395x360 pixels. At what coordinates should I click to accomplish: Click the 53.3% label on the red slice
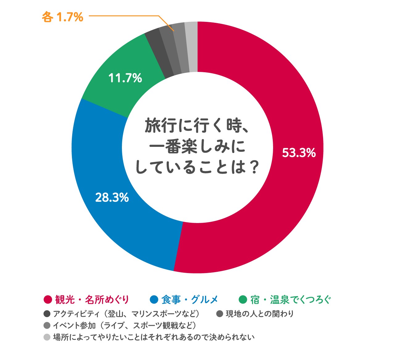click(x=299, y=153)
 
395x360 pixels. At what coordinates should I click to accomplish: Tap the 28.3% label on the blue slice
click(x=112, y=197)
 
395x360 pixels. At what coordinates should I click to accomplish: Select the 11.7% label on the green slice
click(x=125, y=78)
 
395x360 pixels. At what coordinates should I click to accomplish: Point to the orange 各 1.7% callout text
click(x=63, y=17)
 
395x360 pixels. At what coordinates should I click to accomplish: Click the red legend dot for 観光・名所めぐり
click(x=48, y=300)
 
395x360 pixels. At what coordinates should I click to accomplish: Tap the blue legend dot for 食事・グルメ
click(x=154, y=300)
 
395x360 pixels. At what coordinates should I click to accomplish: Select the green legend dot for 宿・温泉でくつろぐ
click(x=243, y=300)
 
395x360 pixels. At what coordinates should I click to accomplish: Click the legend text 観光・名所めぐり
click(x=92, y=300)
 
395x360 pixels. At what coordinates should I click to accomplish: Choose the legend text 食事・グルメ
click(x=189, y=300)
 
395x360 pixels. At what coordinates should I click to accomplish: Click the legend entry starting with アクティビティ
click(x=126, y=314)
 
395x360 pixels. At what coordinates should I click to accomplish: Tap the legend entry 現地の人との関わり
click(x=259, y=314)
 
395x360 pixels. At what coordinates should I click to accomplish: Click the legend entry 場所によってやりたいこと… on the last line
click(x=153, y=337)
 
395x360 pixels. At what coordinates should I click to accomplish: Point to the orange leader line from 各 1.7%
click(x=123, y=15)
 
